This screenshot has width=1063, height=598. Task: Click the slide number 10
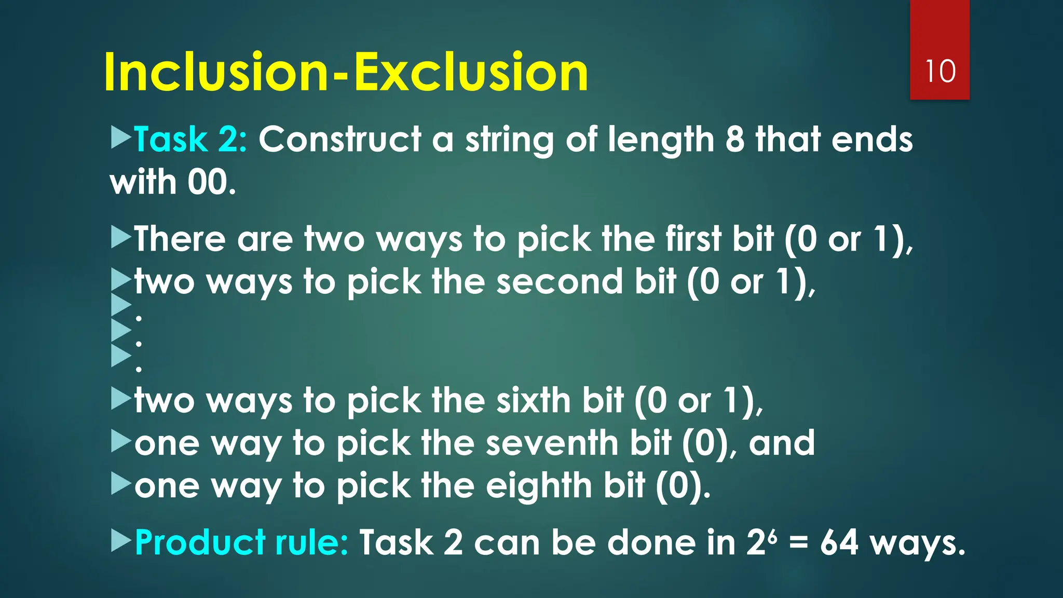(x=940, y=71)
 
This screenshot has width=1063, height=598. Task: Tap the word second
(x=559, y=281)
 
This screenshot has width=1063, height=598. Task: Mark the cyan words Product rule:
(x=241, y=542)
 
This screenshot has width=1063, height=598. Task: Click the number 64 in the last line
(x=839, y=542)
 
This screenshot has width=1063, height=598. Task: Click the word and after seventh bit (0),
(x=782, y=443)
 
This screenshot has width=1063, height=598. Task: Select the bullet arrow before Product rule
(x=121, y=541)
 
